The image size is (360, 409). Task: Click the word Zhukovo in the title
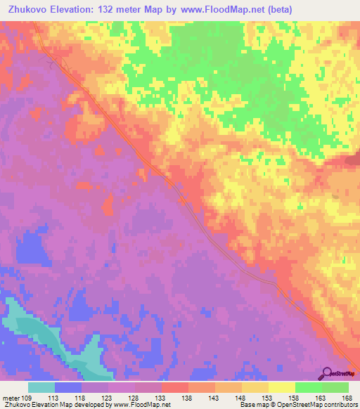(x=26, y=8)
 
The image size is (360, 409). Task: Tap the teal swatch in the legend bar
(x=41, y=387)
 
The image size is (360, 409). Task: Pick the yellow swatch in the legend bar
(x=281, y=387)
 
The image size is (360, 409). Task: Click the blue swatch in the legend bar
(x=68, y=387)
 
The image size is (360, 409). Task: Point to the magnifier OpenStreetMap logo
(x=328, y=374)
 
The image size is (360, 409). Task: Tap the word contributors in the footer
(x=340, y=405)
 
